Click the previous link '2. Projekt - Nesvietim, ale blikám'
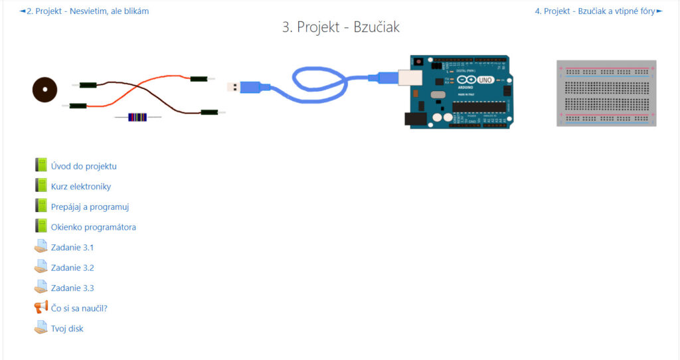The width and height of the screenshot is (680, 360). (x=88, y=11)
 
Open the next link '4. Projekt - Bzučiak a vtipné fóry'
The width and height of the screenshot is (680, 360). (x=594, y=11)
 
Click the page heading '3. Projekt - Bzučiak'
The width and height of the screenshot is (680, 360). (x=341, y=27)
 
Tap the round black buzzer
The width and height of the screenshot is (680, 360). (x=44, y=90)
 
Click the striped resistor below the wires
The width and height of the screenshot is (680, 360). (x=137, y=117)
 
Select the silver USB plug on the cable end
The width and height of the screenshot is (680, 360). (x=234, y=87)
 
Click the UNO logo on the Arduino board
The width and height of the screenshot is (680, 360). (x=484, y=80)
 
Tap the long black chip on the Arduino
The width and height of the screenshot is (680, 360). (x=479, y=107)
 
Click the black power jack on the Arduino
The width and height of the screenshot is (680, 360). (x=416, y=119)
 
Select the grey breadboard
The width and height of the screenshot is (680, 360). (x=606, y=93)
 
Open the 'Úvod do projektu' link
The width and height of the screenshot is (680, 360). (x=84, y=166)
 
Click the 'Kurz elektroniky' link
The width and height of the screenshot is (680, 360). (x=81, y=187)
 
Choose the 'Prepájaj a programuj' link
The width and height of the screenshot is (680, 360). (x=90, y=207)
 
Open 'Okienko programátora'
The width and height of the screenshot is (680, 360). (x=93, y=227)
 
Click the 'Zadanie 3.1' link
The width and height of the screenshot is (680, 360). (x=72, y=248)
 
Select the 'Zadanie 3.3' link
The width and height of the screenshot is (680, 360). (x=72, y=288)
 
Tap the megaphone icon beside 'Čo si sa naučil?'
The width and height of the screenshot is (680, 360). (x=41, y=308)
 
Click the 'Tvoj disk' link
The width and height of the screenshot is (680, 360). (x=67, y=329)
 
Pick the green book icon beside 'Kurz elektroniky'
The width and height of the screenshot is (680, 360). (x=41, y=185)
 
